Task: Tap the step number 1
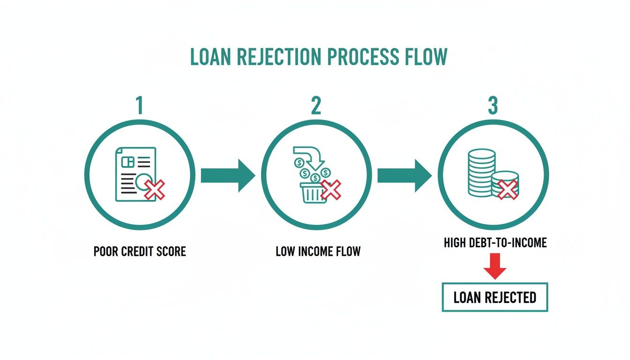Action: point(139,106)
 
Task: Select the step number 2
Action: point(316,106)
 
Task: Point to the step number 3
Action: point(493,106)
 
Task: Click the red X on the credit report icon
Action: point(155,190)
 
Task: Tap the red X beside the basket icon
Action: point(331,190)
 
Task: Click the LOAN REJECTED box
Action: point(495,297)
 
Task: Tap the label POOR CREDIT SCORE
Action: point(140,251)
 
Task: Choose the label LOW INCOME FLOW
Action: point(318,251)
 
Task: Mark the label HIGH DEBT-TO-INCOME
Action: point(495,243)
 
